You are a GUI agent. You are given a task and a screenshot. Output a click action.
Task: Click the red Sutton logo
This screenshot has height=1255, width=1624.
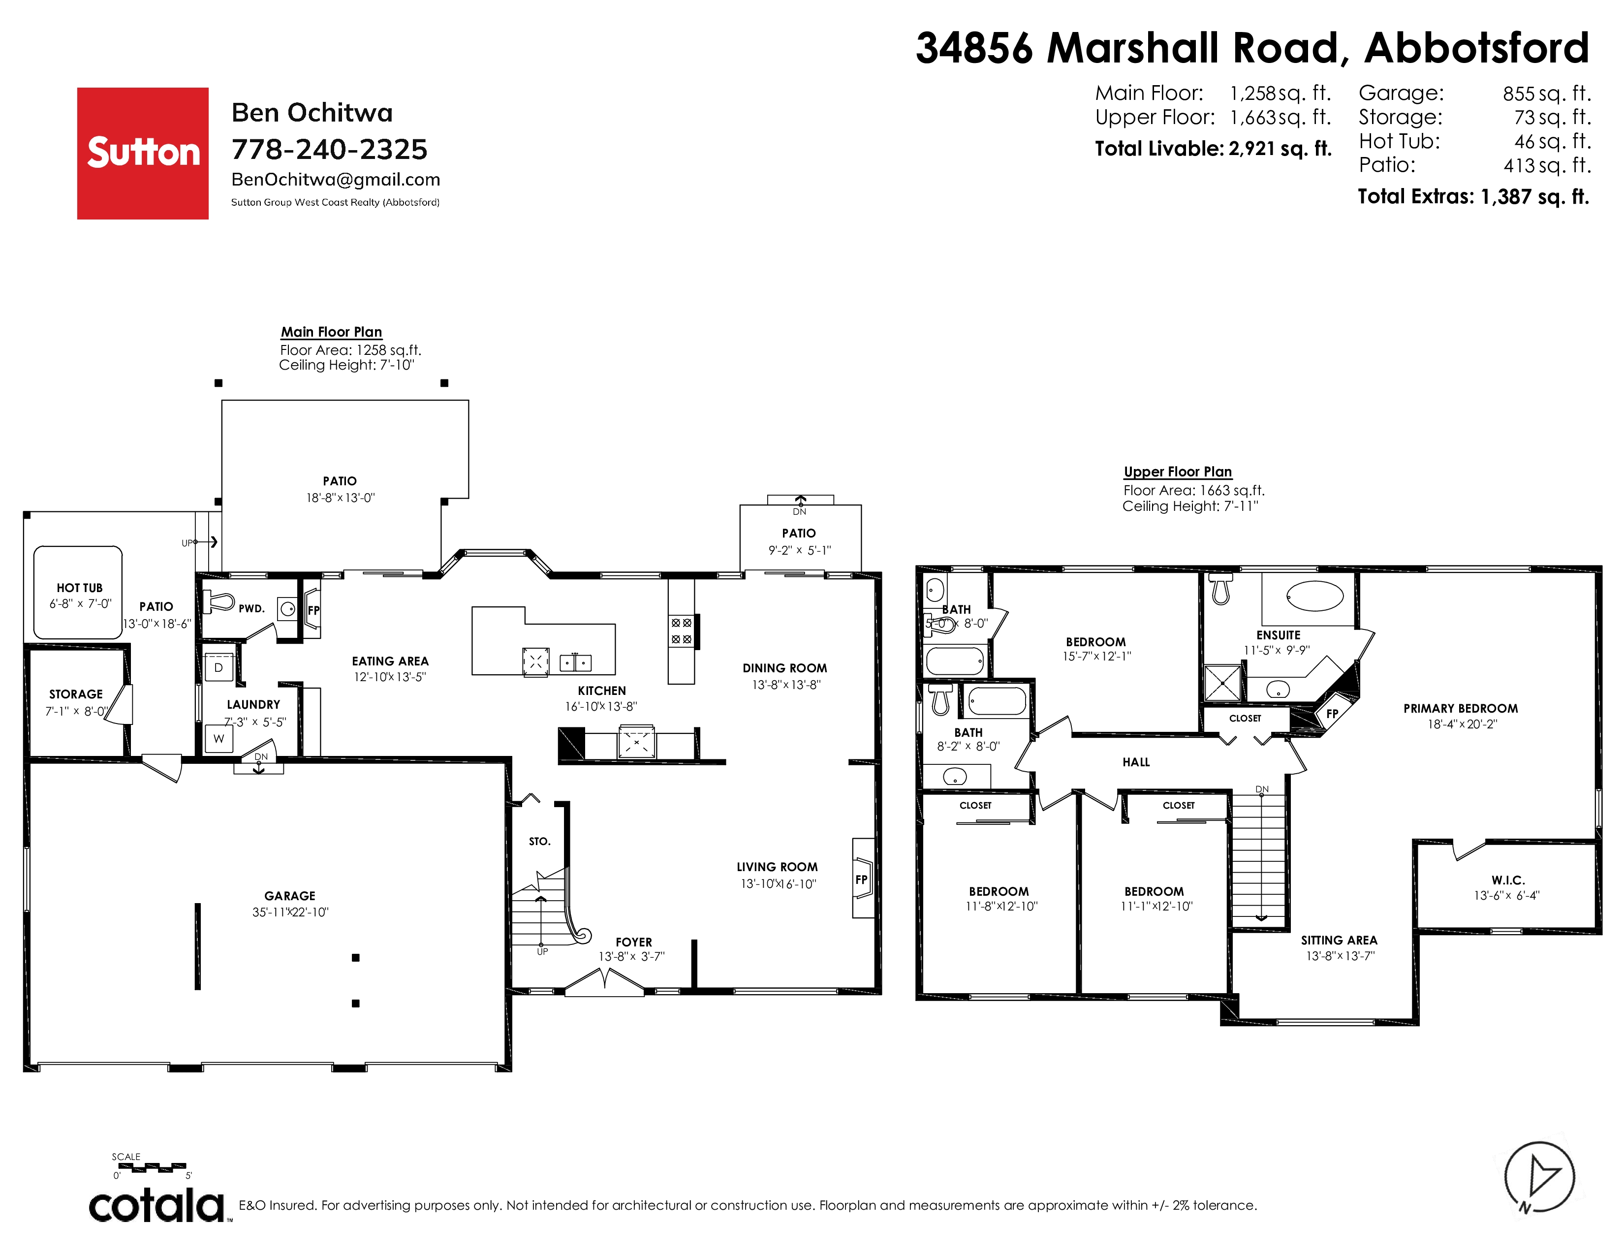click(x=143, y=153)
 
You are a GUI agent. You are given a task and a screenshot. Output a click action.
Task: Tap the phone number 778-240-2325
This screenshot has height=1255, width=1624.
click(x=329, y=150)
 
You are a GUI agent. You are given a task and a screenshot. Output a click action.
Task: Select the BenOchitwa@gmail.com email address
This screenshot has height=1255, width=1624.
click(x=335, y=180)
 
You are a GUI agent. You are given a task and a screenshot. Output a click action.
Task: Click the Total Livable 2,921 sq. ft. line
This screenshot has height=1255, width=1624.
click(x=1213, y=149)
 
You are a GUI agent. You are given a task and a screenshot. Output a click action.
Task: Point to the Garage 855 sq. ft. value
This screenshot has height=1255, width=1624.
click(x=1547, y=94)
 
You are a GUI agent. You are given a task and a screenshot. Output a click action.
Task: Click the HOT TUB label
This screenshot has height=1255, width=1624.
click(x=80, y=587)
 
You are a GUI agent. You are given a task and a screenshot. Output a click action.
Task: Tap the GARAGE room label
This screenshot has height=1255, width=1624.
click(x=290, y=896)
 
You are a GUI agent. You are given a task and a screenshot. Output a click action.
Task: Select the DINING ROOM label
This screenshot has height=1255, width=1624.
click(x=784, y=668)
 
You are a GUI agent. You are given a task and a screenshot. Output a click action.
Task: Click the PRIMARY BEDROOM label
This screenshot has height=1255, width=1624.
click(x=1461, y=709)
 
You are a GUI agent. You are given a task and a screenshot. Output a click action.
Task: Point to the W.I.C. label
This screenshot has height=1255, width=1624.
click(x=1508, y=880)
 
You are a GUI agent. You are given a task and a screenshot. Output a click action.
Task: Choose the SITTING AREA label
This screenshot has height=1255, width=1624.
click(x=1339, y=941)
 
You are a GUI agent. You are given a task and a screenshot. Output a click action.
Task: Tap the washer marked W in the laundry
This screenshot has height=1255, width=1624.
click(x=219, y=738)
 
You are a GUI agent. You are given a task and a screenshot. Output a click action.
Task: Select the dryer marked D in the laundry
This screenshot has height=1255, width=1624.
click(x=219, y=668)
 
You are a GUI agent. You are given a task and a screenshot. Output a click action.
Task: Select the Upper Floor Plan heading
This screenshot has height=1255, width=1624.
click(x=1178, y=471)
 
